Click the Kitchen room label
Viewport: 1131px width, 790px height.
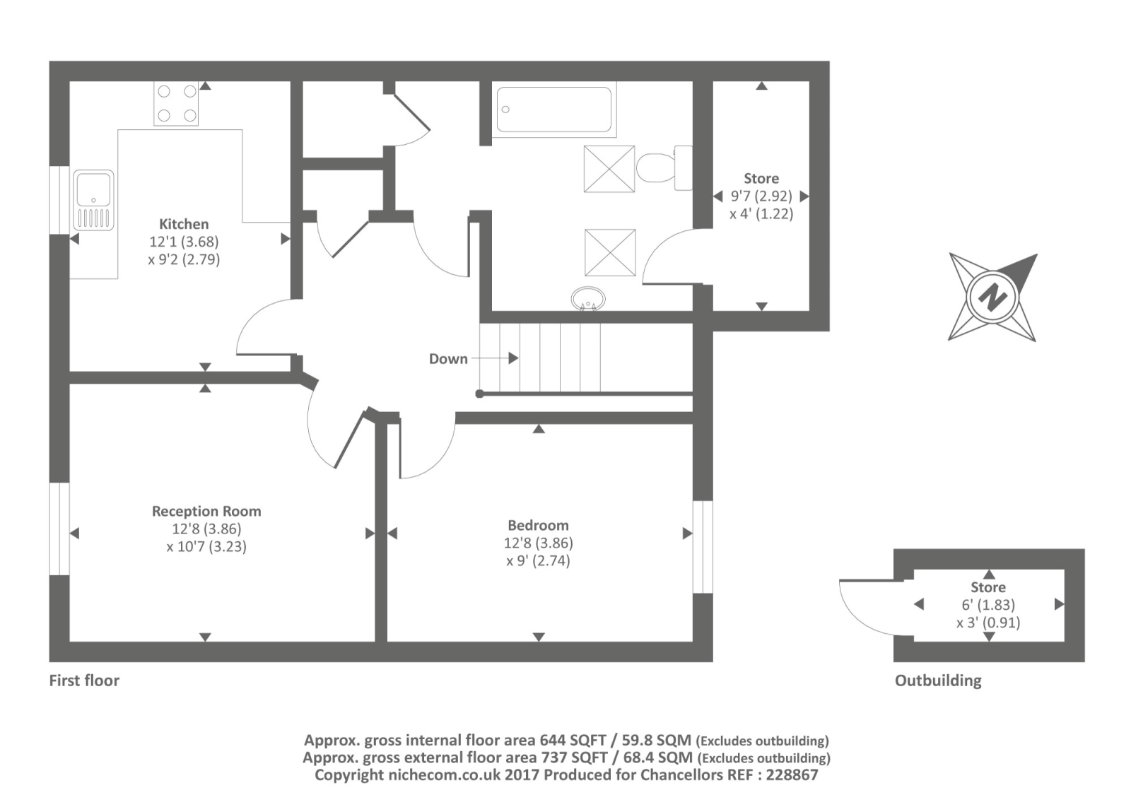pyautogui.click(x=184, y=223)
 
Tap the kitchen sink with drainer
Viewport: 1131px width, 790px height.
pyautogui.click(x=93, y=200)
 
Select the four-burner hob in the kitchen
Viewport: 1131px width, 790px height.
pyautogui.click(x=176, y=103)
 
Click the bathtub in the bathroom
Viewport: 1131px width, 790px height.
pyautogui.click(x=554, y=109)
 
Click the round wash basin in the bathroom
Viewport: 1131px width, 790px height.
pyautogui.click(x=588, y=299)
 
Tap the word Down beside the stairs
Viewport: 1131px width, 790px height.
pyautogui.click(x=448, y=359)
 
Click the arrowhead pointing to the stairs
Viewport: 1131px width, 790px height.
pyautogui.click(x=513, y=358)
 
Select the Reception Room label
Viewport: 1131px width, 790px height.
pyautogui.click(x=206, y=512)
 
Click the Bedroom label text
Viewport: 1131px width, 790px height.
pyautogui.click(x=538, y=526)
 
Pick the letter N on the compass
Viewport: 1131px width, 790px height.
pyautogui.click(x=992, y=296)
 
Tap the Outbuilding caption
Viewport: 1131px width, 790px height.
pyautogui.click(x=938, y=680)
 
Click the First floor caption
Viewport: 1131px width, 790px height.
pyautogui.click(x=84, y=680)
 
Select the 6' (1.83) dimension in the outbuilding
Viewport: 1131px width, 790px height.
pyautogui.click(x=988, y=605)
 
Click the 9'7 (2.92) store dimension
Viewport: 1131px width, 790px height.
pyautogui.click(x=761, y=196)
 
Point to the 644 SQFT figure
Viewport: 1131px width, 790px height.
pyautogui.click(x=573, y=741)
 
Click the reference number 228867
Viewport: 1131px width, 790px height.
pyautogui.click(x=792, y=775)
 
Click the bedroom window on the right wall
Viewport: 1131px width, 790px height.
pyautogui.click(x=703, y=547)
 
